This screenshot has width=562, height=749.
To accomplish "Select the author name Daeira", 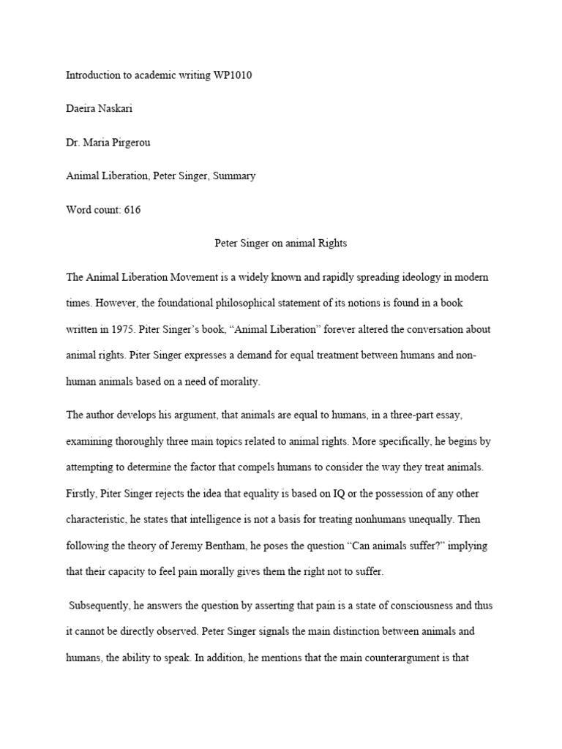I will [x=82, y=109].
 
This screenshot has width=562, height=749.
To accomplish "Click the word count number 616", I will [x=132, y=210].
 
